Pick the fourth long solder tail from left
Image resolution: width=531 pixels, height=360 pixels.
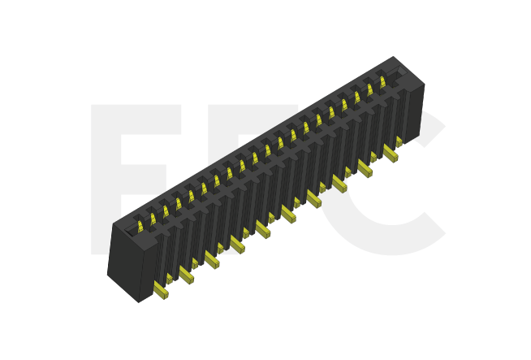(x=237, y=244)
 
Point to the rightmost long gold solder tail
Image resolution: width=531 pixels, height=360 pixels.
(x=391, y=152)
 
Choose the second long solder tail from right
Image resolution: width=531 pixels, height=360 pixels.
(x=365, y=168)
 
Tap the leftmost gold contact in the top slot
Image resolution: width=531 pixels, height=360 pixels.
(x=139, y=221)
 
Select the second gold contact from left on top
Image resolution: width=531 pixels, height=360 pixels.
(x=152, y=215)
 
